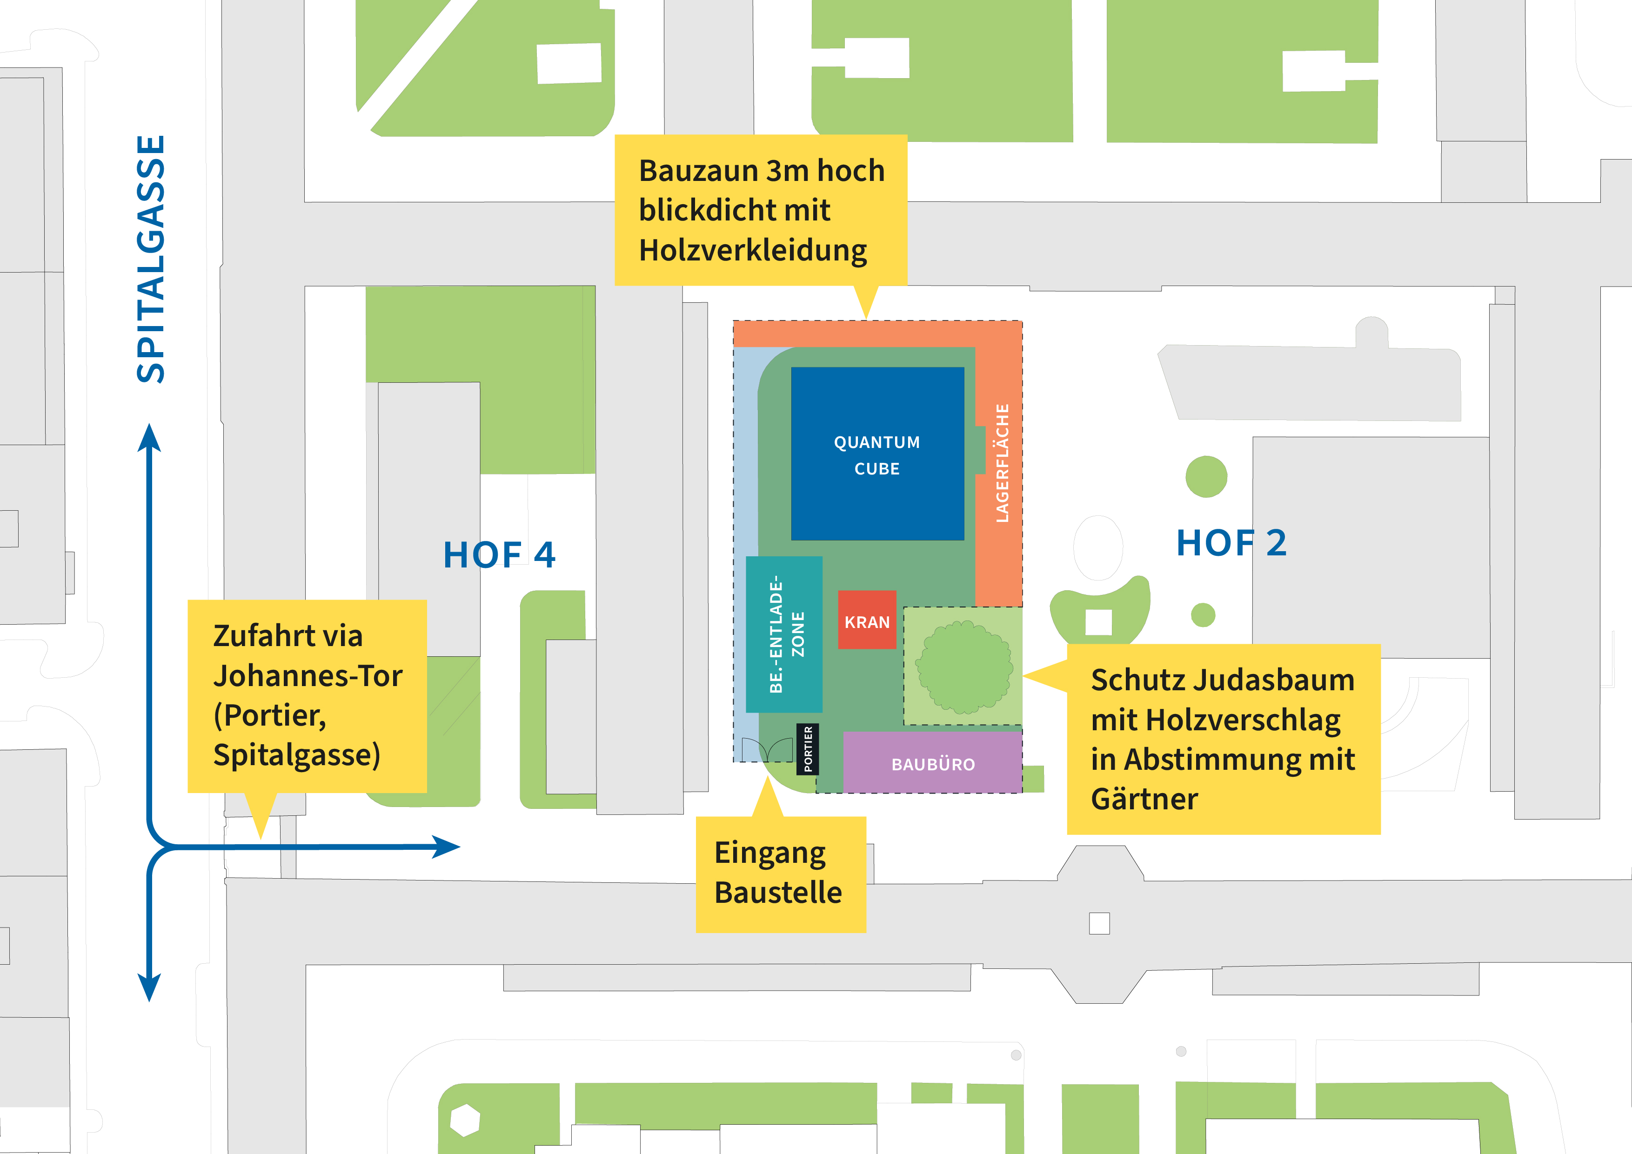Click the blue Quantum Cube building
pyautogui.click(x=877, y=454)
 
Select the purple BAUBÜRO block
pyautogui.click(x=933, y=762)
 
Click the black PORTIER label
pyautogui.click(x=808, y=749)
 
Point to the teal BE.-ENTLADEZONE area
pyautogui.click(x=784, y=634)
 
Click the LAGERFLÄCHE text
pyautogui.click(x=1002, y=463)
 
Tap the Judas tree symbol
pyautogui.click(x=964, y=667)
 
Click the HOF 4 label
pyautogui.click(x=499, y=555)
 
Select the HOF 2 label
pyautogui.click(x=1231, y=543)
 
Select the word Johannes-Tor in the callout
pyautogui.click(x=308, y=675)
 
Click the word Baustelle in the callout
pyautogui.click(x=778, y=892)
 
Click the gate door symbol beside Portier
pyautogui.click(x=767, y=749)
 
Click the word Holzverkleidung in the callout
pyautogui.click(x=753, y=251)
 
